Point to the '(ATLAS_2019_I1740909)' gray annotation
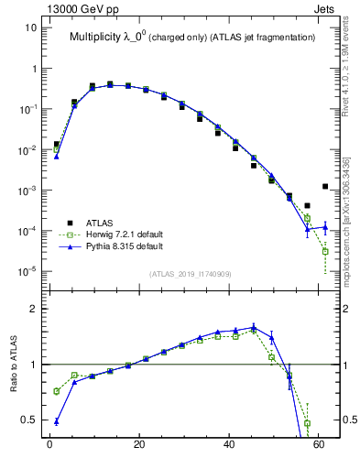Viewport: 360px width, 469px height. coord(191,275)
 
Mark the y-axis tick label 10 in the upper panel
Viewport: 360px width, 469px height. coord(30,27)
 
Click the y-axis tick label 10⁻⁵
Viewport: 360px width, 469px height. coord(27,271)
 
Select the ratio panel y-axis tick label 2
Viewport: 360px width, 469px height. coord(33,309)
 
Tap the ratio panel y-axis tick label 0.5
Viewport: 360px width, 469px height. coord(28,420)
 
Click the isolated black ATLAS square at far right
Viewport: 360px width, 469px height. coord(325,186)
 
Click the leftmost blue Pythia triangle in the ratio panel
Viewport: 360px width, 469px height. coord(56,422)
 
